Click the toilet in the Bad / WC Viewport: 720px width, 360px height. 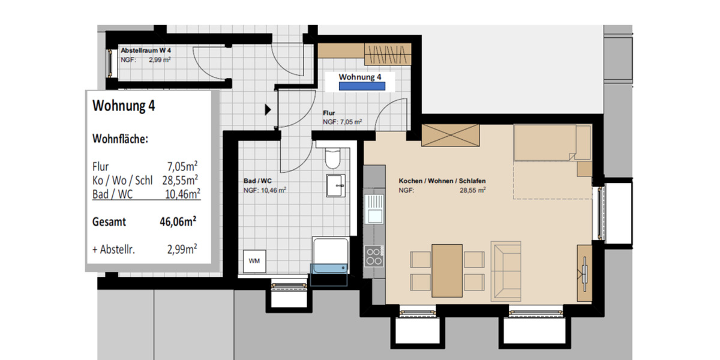click(332, 158)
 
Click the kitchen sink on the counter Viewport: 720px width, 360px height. click(375, 208)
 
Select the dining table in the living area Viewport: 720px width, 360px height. click(447, 270)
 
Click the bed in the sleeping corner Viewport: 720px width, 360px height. click(552, 144)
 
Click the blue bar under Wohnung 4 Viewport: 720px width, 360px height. click(362, 86)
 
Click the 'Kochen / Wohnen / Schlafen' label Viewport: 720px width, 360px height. click(442, 181)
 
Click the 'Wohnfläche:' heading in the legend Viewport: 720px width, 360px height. click(120, 139)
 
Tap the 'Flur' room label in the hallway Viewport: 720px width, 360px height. click(328, 113)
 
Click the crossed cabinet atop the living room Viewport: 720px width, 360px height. click(451, 135)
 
